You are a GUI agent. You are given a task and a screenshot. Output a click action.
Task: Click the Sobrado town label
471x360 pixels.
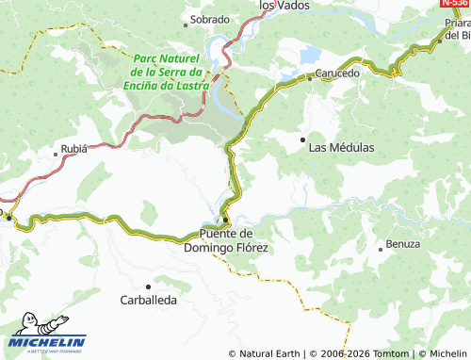tap(209, 19)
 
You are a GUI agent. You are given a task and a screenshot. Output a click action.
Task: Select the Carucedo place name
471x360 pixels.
tap(337, 73)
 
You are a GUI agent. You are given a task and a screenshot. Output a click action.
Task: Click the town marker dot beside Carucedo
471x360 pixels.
tap(310, 79)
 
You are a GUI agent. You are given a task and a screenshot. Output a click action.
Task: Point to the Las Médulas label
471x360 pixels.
tap(342, 148)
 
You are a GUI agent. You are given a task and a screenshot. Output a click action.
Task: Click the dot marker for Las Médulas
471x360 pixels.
tap(302, 139)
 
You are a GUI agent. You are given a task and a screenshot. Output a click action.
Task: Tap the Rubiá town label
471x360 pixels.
tap(75, 148)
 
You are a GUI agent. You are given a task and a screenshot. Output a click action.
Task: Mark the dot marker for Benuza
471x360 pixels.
tap(380, 250)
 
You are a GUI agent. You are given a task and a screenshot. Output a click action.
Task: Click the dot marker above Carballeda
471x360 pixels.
tap(148, 286)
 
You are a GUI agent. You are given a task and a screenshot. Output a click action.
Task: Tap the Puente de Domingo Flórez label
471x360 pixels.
tap(234, 240)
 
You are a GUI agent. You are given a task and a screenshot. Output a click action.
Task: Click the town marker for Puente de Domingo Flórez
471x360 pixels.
tap(225, 219)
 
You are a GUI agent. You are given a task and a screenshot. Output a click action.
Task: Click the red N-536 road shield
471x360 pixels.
tap(455, 5)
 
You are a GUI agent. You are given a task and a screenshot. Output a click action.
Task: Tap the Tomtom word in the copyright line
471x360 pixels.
tap(398, 353)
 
